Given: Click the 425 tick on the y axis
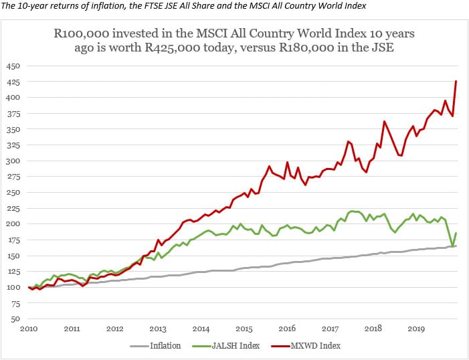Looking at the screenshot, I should click(13, 82).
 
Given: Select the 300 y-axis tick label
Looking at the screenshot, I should click(13, 161).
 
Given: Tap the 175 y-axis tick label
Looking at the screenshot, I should click(13, 240).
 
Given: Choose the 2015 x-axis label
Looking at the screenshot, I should click(244, 329).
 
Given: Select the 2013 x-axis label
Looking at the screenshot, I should click(158, 329).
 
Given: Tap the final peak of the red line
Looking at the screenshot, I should click(456, 81).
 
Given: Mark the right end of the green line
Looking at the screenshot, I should click(456, 233).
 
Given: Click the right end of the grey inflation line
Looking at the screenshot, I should click(456, 246).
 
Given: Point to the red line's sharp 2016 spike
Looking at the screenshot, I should click(287, 162).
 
